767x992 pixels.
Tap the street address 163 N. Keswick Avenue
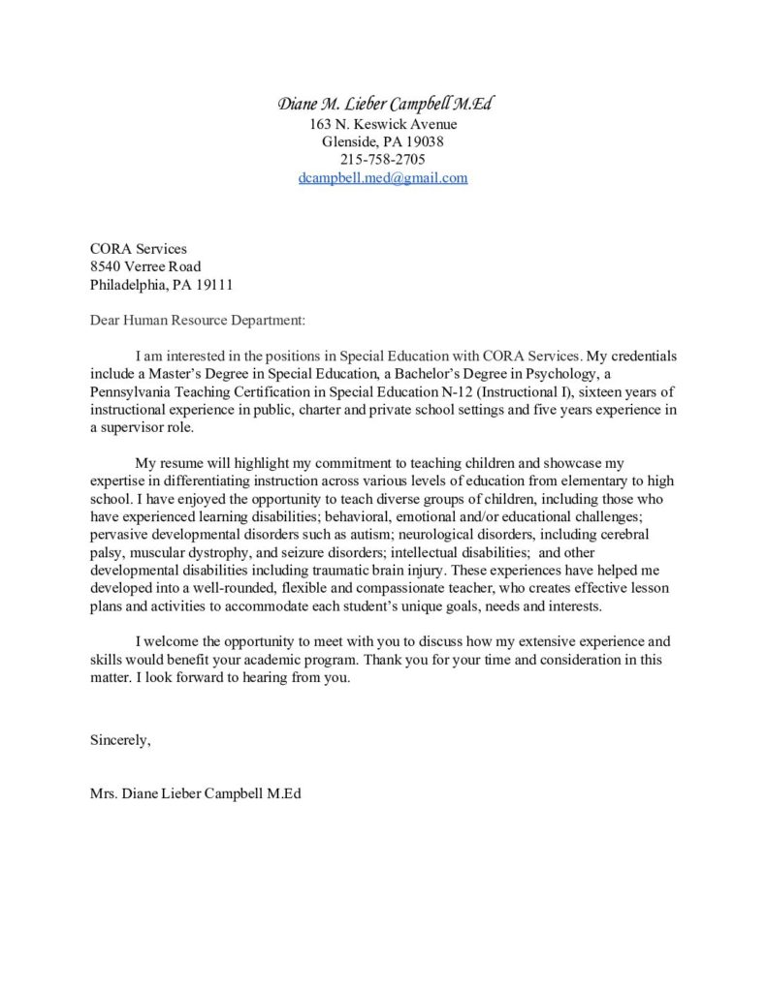(383, 124)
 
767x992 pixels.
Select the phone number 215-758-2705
(383, 160)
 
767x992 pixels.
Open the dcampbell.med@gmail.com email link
(383, 178)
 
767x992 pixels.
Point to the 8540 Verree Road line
(145, 266)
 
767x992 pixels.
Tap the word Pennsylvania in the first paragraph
(134, 391)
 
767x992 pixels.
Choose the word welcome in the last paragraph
(174, 641)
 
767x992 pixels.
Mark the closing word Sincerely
(120, 740)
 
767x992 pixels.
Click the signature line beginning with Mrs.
(195, 793)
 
